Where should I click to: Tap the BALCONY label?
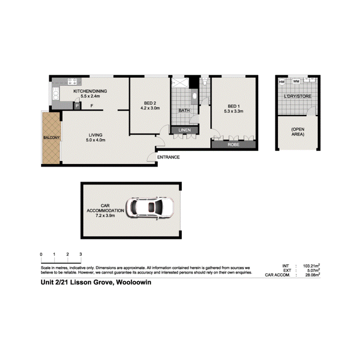[x=51, y=137]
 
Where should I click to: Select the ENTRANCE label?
[x=168, y=157]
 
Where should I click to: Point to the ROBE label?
[x=233, y=144]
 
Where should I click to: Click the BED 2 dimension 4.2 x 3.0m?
[x=149, y=108]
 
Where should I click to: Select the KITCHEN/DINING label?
[x=90, y=92]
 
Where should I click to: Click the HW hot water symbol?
[x=282, y=82]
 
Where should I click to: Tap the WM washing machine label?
[x=296, y=82]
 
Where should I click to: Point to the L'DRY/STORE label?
[x=298, y=96]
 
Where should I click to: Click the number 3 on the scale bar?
[x=80, y=254]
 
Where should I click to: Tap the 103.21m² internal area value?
[x=311, y=266]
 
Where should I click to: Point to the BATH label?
[x=184, y=110]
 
